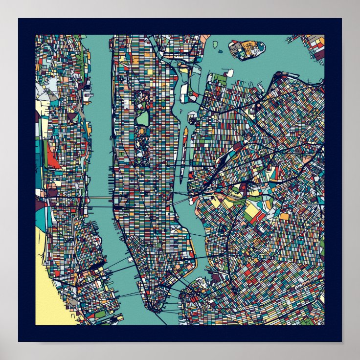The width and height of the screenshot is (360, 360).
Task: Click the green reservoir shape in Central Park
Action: tap(142, 117)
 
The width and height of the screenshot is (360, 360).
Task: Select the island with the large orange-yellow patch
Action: tap(247, 49)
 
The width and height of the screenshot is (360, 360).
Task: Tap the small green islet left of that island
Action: tap(215, 45)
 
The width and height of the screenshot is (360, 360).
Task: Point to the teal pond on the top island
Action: tap(259, 47)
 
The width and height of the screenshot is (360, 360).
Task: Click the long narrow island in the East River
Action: tap(183, 152)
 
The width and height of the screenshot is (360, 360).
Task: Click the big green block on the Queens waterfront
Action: tap(220, 77)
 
